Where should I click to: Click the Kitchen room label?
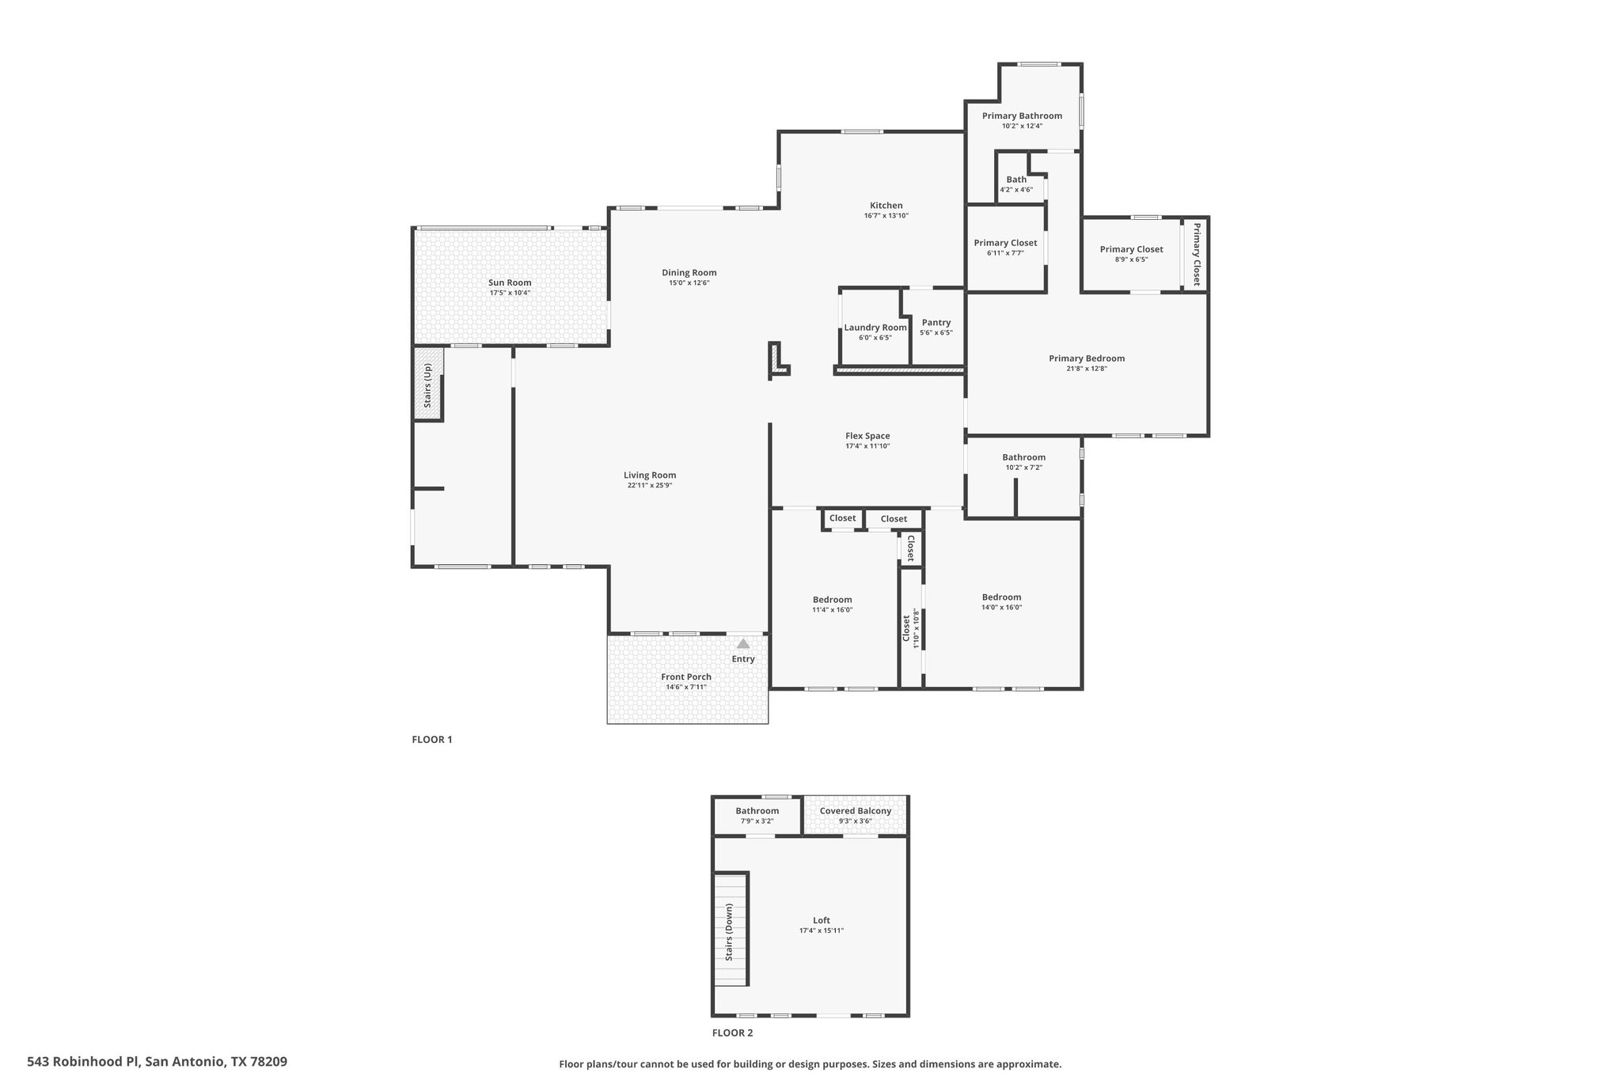pos(886,206)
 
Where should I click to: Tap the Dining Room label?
pos(689,273)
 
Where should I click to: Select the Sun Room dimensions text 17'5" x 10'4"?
pos(510,293)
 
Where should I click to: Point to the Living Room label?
pos(650,476)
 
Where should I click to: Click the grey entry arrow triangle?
pos(742,644)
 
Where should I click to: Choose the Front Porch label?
pos(686,676)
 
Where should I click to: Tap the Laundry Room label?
pos(875,328)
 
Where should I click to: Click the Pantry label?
pos(936,323)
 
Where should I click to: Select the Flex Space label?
pos(867,436)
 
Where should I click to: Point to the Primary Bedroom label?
pos(1087,358)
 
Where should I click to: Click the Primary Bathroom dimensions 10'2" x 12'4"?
pos(1022,126)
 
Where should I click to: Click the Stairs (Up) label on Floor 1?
pos(427,385)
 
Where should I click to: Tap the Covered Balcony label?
pos(856,811)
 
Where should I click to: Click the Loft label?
pos(822,920)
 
